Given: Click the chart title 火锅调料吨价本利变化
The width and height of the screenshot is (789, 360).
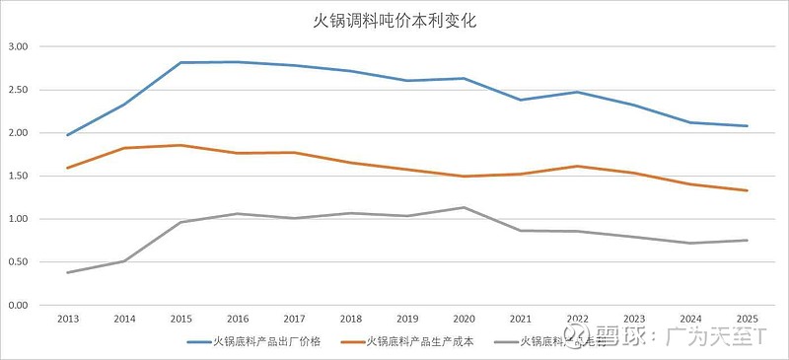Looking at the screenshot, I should click(394, 20).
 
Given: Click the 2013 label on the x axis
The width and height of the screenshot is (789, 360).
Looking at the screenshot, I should click(67, 320).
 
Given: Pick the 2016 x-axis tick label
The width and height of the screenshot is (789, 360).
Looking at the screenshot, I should click(237, 320).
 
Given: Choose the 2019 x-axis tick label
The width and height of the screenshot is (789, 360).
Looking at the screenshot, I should click(406, 320).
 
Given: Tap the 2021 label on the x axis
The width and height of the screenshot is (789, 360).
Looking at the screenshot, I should click(520, 320).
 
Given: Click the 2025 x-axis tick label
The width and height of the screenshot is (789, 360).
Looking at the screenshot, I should click(747, 320).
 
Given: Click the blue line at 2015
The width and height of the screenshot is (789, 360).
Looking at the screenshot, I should click(180, 62).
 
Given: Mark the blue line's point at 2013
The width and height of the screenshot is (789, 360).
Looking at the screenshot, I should click(67, 135).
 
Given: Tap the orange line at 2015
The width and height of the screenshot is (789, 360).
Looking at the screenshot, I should click(180, 145).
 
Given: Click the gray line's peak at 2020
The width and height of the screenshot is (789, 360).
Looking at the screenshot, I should click(464, 207).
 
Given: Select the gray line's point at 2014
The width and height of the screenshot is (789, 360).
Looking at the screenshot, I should click(124, 261).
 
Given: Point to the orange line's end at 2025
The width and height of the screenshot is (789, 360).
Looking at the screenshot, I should click(747, 190).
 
